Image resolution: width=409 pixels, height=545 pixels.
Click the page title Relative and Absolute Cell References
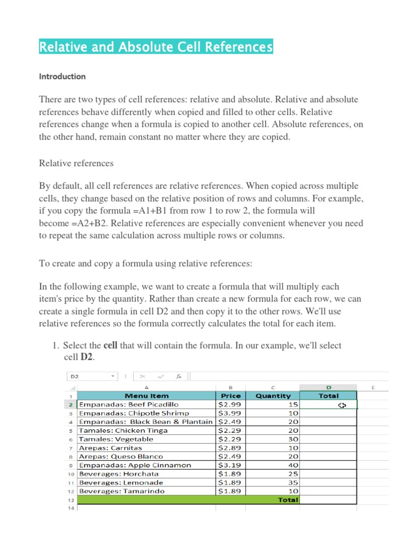[156, 47]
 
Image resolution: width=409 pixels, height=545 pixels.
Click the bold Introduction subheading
[62, 77]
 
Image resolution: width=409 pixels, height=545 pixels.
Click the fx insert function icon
[179, 376]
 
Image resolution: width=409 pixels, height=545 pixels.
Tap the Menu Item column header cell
[146, 396]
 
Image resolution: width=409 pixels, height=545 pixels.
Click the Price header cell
[230, 396]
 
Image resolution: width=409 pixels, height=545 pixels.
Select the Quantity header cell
[273, 396]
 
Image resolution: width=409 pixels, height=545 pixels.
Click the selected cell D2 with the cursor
[328, 405]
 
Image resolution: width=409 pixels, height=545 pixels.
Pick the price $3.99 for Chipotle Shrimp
[230, 414]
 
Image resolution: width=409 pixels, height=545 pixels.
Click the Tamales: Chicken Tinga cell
[123, 431]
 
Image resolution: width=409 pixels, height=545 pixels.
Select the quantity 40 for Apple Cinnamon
[293, 465]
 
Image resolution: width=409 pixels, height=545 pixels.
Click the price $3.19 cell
[230, 465]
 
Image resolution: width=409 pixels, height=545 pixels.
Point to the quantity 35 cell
[293, 483]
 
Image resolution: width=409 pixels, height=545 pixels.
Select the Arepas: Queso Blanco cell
[120, 457]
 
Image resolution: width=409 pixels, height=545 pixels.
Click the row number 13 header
[71, 500]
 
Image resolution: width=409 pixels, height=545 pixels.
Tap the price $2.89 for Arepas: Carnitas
[230, 448]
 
